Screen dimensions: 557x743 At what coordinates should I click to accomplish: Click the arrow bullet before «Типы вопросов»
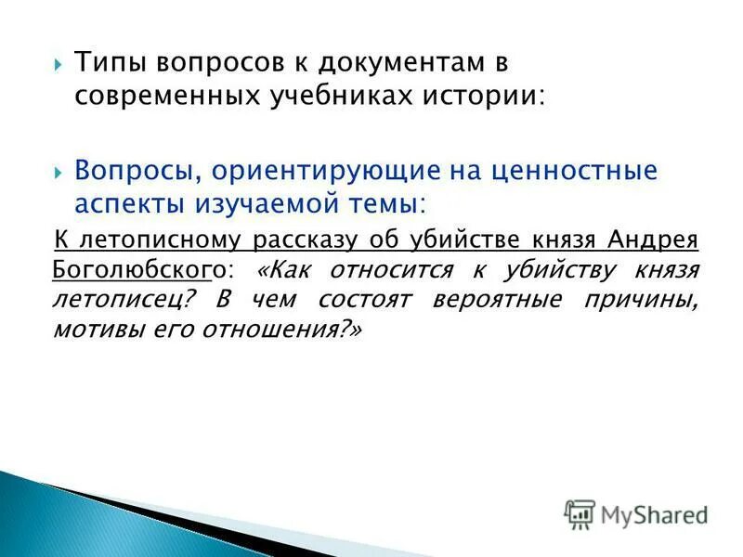coord(59,64)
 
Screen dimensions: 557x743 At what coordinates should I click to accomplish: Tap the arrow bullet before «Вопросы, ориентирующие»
coord(59,172)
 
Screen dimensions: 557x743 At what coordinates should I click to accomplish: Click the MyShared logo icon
coord(580,513)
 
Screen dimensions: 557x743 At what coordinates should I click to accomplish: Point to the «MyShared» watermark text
coord(654,514)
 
